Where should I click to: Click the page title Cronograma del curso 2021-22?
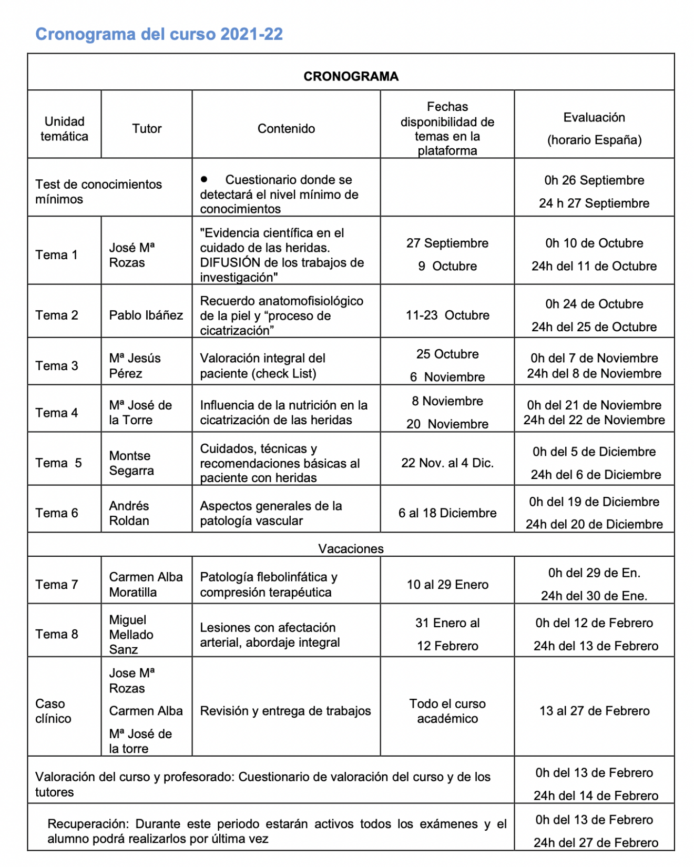(159, 34)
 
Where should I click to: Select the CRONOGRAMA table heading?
(351, 76)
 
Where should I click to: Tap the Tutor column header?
(147, 129)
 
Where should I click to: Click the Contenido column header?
(286, 129)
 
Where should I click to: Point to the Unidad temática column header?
(64, 129)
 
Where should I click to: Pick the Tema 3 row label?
(57, 365)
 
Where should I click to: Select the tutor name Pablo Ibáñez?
(146, 315)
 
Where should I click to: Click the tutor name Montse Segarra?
(131, 463)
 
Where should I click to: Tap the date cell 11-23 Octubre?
(447, 315)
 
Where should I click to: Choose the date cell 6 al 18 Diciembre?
(447, 513)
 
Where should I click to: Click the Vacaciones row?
(351, 548)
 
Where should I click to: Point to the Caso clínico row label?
(53, 711)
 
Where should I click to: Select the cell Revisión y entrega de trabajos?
(285, 711)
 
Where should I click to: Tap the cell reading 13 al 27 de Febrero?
(594, 711)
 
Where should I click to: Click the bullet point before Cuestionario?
(204, 179)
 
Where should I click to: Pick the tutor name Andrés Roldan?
(129, 513)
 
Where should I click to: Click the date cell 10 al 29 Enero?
(447, 585)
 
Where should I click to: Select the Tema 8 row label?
(57, 634)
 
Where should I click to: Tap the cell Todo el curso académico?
(447, 711)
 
